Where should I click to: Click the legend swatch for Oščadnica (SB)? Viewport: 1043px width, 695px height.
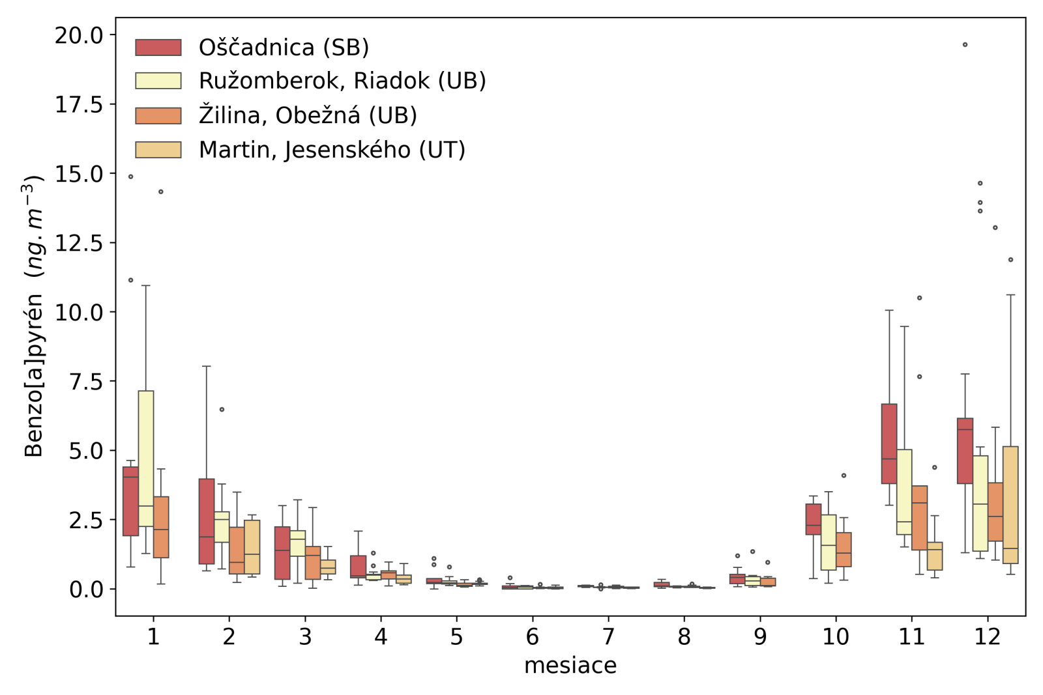click(x=158, y=48)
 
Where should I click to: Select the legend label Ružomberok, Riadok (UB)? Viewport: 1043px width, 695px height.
click(x=342, y=81)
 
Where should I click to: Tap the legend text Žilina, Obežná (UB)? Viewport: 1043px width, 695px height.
click(x=308, y=115)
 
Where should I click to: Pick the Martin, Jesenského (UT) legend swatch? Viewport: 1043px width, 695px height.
click(x=158, y=150)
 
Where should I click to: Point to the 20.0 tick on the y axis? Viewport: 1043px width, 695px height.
click(x=78, y=35)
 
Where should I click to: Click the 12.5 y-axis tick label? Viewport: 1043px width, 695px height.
click(x=78, y=243)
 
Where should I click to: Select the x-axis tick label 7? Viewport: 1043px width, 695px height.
click(x=608, y=636)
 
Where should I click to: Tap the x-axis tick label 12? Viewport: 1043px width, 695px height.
click(x=987, y=636)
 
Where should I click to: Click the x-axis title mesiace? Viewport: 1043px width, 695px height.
click(x=570, y=666)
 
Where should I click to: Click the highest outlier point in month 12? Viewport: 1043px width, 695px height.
click(x=965, y=45)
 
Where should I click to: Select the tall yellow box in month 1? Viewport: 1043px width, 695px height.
click(x=146, y=459)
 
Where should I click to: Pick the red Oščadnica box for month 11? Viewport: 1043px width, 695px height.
click(x=889, y=444)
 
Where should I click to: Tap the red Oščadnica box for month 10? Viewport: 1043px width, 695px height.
click(x=814, y=519)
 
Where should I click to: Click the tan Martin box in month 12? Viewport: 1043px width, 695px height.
click(x=1010, y=505)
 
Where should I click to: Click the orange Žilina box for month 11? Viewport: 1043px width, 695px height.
click(x=919, y=518)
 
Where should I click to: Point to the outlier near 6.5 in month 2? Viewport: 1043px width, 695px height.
click(x=222, y=410)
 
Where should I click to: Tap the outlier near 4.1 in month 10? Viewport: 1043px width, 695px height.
click(x=844, y=475)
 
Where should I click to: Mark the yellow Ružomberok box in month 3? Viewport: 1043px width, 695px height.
click(x=297, y=543)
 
